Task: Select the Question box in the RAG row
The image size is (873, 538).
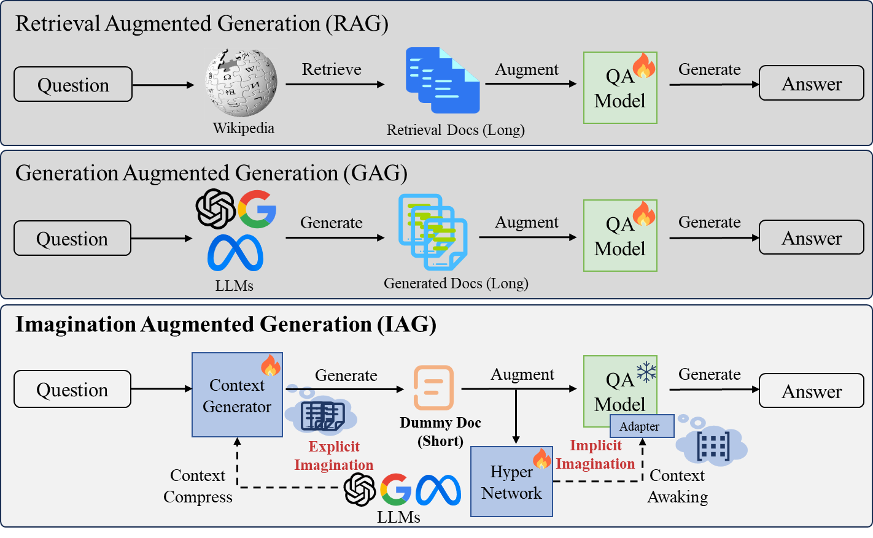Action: tap(73, 85)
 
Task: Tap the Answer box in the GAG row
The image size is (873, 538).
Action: tap(811, 237)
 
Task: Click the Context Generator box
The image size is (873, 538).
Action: tap(237, 395)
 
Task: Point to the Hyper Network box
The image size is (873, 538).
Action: tap(511, 482)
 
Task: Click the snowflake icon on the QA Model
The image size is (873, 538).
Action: tap(646, 372)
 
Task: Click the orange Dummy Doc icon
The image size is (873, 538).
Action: tap(433, 388)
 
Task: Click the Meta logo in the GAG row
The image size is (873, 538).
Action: tap(235, 253)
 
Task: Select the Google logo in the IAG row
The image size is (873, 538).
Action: tap(395, 490)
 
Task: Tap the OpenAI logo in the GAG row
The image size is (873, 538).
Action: tap(215, 209)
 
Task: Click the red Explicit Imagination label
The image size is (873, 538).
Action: tap(334, 456)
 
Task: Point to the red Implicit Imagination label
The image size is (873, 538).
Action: tap(595, 455)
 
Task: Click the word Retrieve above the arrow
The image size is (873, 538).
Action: tap(332, 69)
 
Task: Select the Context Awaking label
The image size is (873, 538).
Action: tap(677, 486)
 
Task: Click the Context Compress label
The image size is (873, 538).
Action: tap(198, 486)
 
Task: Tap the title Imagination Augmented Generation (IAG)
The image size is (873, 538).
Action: tap(225, 324)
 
